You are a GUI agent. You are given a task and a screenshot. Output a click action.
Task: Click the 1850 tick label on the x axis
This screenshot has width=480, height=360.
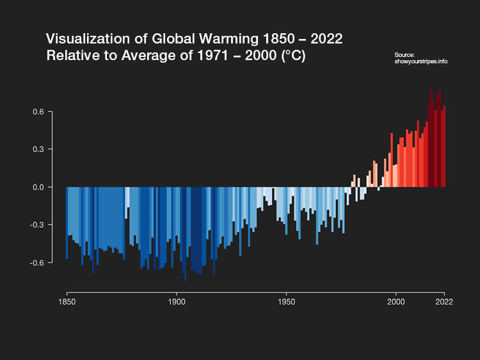point(67,302)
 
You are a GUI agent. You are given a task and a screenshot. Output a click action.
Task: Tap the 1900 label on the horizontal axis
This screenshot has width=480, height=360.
point(177,302)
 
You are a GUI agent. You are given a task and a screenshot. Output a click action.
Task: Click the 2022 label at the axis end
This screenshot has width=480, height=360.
point(444,302)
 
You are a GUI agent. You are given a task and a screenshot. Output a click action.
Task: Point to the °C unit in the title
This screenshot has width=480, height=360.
point(294,56)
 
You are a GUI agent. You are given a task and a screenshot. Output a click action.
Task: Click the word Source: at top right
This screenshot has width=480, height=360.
point(405,55)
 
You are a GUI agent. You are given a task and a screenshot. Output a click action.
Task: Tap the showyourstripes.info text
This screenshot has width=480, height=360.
point(421,61)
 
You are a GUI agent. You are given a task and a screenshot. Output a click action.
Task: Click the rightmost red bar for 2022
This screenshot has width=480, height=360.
point(444,147)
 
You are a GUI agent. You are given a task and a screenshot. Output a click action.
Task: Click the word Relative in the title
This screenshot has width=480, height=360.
point(70,56)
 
